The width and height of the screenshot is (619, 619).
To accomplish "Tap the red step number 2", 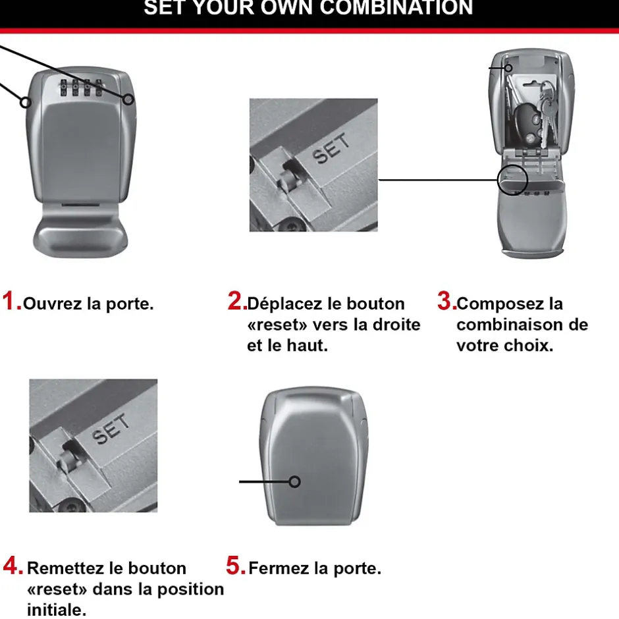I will pyautogui.click(x=236, y=302).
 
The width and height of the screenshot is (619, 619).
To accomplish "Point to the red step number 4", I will pyautogui.click(x=13, y=566).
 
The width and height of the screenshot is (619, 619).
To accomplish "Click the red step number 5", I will pyautogui.click(x=235, y=566).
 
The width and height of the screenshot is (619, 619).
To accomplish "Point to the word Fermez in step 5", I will pyautogui.click(x=275, y=568).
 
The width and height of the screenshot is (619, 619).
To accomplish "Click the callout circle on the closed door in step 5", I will pyautogui.click(x=295, y=481).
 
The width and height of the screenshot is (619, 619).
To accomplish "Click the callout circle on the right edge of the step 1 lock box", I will pyautogui.click(x=129, y=99).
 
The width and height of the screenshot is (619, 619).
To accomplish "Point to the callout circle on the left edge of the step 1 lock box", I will pyautogui.click(x=26, y=101).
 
